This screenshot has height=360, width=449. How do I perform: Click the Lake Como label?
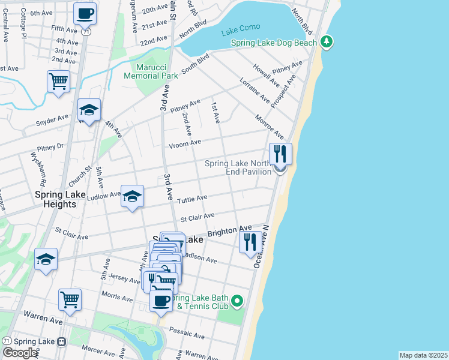pyautogui.click(x=240, y=29)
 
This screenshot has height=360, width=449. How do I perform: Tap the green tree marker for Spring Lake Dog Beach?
pyautogui.click(x=326, y=41)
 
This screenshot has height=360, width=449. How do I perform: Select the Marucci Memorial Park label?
pyautogui.click(x=151, y=71)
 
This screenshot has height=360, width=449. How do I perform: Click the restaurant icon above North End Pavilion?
pyautogui.click(x=280, y=154)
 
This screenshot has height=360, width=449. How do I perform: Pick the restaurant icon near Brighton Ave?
pyautogui.click(x=251, y=242)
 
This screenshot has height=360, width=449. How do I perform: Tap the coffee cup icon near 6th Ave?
pyautogui.click(x=85, y=13)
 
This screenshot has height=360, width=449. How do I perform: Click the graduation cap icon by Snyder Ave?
pyautogui.click(x=89, y=110)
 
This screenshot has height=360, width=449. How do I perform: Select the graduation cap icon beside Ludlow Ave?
pyautogui.click(x=133, y=196)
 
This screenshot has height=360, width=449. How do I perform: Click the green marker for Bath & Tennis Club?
pyautogui.click(x=238, y=301)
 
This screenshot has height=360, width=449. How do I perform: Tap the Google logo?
pyautogui.click(x=19, y=352)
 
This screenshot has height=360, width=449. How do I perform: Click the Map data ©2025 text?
pyautogui.click(x=424, y=355)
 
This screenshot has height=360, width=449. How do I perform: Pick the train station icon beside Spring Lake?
pyautogui.click(x=61, y=341)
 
